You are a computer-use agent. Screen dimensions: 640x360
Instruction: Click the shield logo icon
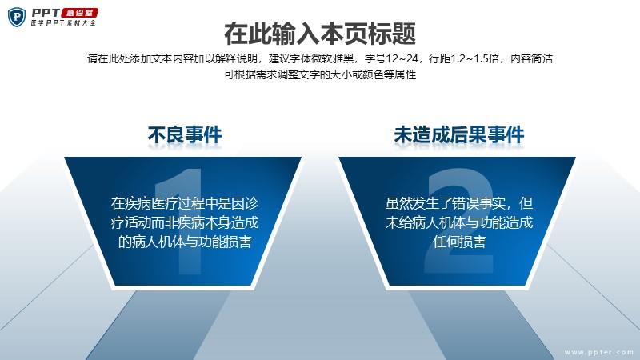17,18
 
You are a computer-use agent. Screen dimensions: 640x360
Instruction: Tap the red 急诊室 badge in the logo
80,13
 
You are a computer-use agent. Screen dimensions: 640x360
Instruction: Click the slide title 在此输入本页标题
320,34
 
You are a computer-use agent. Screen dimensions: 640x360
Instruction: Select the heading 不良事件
185,135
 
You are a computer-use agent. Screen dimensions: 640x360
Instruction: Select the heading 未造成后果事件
458,135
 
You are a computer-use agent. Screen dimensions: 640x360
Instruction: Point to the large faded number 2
458,221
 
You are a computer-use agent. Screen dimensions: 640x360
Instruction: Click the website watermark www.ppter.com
598,352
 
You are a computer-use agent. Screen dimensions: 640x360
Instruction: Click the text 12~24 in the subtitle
402,58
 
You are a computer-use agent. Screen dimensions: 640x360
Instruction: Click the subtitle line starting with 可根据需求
320,74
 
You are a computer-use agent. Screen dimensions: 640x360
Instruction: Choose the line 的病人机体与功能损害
185,242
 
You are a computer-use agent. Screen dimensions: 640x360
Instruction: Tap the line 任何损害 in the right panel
459,242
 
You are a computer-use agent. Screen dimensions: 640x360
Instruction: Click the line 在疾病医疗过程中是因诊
185,203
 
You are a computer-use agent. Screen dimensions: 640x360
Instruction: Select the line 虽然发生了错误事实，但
459,203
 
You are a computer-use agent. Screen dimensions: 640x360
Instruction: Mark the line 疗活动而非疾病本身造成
185,222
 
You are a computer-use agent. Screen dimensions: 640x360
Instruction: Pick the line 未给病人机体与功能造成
459,222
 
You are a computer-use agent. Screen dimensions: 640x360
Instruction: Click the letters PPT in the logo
46,13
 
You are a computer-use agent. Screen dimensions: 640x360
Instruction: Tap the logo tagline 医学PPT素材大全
63,23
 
